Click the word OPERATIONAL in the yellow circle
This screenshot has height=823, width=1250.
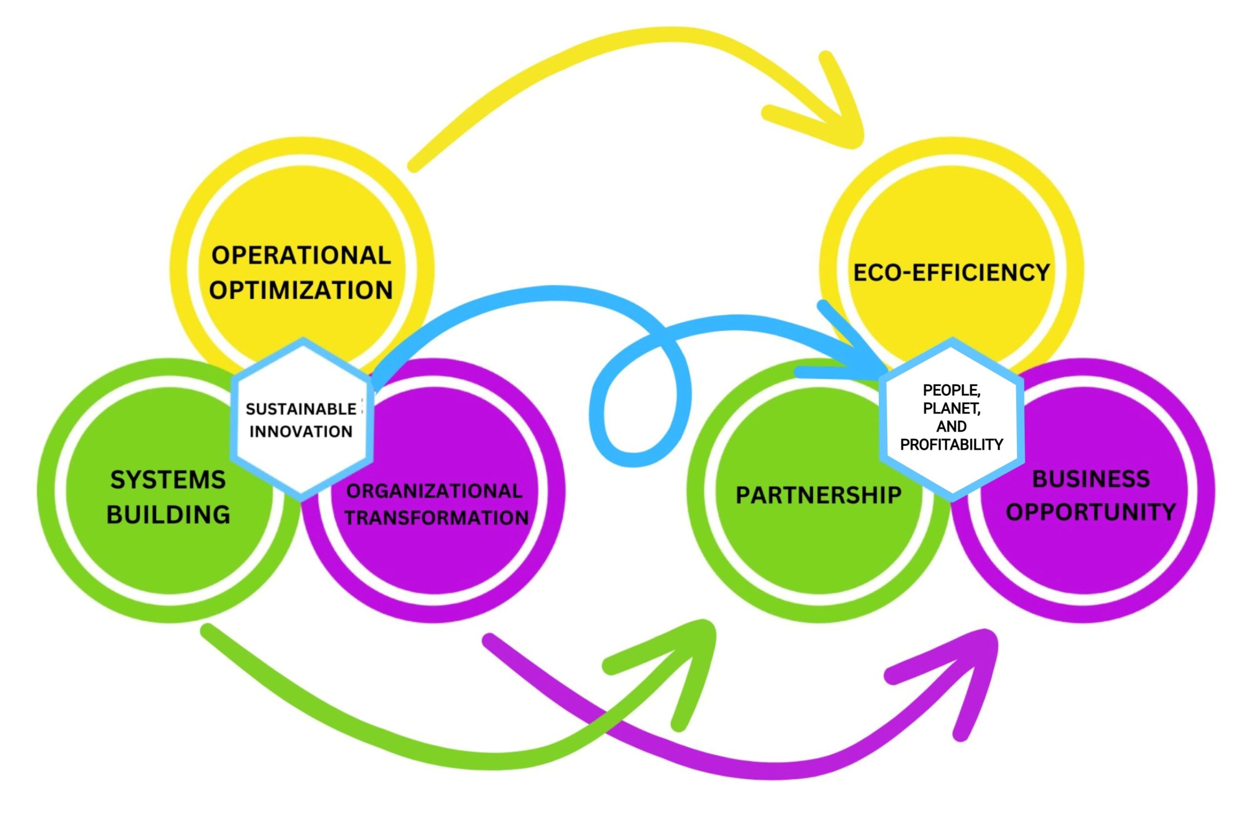tap(301, 256)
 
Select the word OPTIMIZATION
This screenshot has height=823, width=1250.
tap(301, 291)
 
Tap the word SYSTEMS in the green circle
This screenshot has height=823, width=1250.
tap(168, 480)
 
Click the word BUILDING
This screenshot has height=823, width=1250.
tap(168, 514)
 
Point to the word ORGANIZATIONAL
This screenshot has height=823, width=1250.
tap(435, 491)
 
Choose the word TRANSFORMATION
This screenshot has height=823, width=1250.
tap(437, 518)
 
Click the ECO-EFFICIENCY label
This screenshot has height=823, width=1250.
tap(951, 273)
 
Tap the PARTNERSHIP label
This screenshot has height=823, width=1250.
tap(818, 495)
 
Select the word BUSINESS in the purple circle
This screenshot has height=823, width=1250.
tap(1091, 479)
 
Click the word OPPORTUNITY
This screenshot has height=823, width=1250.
tap(1091, 511)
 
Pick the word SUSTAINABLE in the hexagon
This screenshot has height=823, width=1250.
tap(301, 409)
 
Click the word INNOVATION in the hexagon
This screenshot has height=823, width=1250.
tap(301, 432)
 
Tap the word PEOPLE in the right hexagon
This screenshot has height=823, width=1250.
tap(951, 390)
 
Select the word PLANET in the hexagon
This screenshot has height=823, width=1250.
tap(951, 408)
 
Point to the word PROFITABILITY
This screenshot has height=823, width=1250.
tap(951, 445)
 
